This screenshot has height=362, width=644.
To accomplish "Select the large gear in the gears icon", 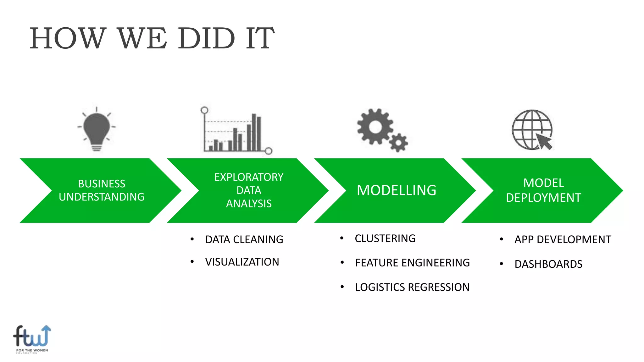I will point(375,127).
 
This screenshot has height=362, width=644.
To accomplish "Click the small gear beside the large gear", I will point(398,143).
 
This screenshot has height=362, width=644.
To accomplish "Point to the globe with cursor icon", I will point(532,130).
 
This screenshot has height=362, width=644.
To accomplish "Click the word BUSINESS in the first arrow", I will point(102,184).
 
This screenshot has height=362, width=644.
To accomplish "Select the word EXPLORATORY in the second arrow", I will point(249,177).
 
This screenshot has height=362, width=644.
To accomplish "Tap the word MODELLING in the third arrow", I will point(397,190).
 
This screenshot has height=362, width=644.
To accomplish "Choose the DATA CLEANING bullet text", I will point(244,240).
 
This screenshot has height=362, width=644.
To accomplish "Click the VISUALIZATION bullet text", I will point(242,262).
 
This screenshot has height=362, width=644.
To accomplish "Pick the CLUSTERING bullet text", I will point(385,239).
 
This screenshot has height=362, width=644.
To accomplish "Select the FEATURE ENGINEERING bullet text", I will point(412,263).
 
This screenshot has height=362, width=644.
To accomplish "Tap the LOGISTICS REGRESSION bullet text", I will point(412,287).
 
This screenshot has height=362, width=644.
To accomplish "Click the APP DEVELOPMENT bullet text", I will point(563,240).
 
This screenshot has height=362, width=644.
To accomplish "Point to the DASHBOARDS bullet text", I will point(548,264).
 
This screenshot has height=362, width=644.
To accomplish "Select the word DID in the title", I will point(206,39).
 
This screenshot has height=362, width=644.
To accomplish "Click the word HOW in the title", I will point(68,39).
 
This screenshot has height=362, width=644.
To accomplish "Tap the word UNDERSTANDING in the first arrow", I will point(102,197).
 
